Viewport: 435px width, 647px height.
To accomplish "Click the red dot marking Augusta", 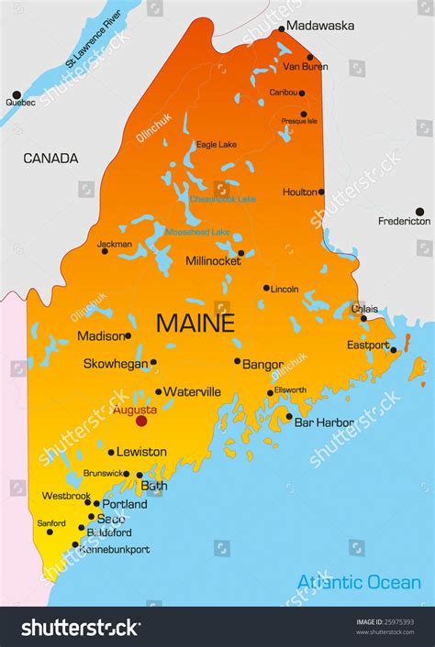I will click(141, 421).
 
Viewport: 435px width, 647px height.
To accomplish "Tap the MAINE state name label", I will click(195, 323).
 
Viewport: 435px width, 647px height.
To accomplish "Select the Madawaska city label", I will click(320, 26).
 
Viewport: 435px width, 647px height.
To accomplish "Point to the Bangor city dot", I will click(237, 361).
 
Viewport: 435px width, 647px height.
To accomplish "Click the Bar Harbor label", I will click(323, 422).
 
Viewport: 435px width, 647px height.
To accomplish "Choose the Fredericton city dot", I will click(419, 211).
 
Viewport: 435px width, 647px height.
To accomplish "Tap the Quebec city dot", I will click(16, 94).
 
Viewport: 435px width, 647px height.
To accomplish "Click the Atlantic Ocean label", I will click(359, 582).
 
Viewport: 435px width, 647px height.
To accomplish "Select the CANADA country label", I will click(50, 159).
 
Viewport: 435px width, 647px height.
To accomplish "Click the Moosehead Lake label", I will click(196, 232).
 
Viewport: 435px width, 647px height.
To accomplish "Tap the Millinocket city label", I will click(213, 260).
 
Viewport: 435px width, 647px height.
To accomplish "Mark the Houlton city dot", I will click(321, 192).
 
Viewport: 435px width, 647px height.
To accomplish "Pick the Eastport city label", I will click(367, 345).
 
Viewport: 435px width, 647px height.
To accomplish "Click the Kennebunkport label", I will click(114, 549).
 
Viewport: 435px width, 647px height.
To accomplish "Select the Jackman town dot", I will click(105, 251).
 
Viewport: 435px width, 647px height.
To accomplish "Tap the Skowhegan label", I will click(115, 363).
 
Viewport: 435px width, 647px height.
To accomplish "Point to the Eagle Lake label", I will click(216, 144).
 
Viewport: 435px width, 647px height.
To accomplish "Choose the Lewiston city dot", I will click(111, 452).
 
